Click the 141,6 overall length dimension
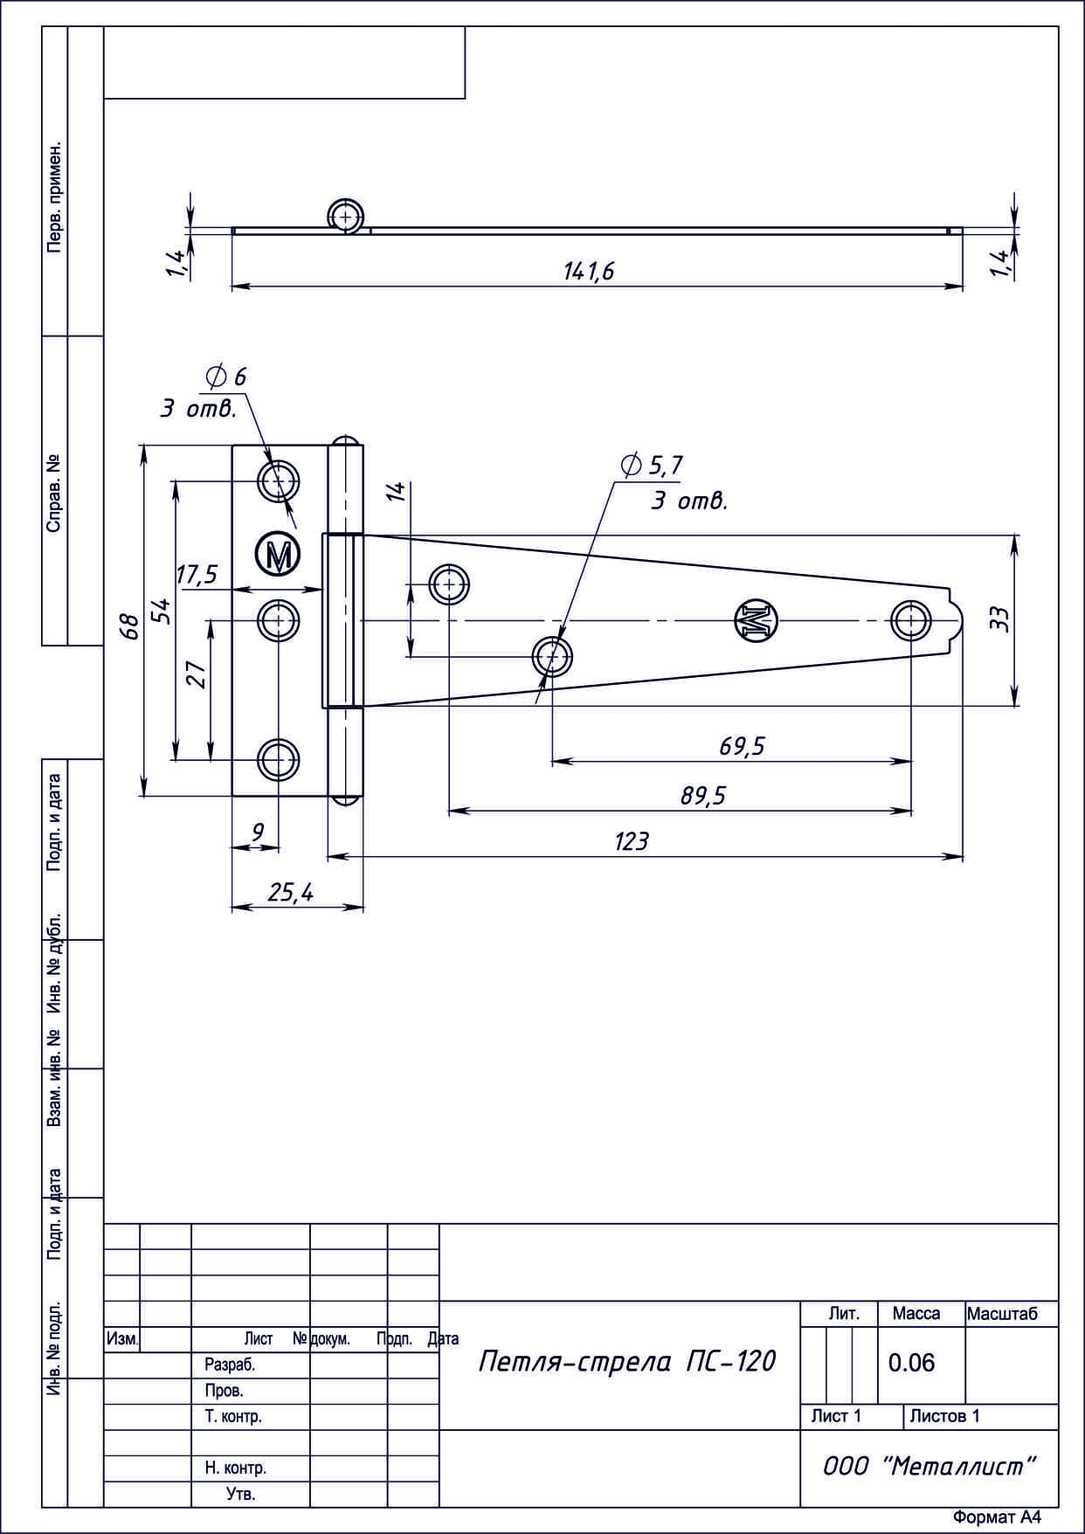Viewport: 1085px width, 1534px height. click(x=589, y=272)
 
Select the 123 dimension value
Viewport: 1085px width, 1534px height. click(x=632, y=841)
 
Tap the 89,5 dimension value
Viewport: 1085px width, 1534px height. click(x=703, y=796)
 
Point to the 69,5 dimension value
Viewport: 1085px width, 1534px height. click(x=742, y=746)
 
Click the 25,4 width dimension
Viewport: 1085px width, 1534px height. click(x=290, y=893)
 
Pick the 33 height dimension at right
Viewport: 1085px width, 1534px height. click(x=1001, y=619)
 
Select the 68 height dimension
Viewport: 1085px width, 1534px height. click(x=130, y=626)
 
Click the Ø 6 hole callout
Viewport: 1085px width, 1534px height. click(x=225, y=377)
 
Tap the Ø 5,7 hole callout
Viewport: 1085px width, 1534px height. click(x=651, y=466)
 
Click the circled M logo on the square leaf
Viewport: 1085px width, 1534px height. click(x=278, y=554)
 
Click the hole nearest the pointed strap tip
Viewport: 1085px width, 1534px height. click(x=911, y=620)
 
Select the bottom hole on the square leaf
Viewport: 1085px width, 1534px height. click(x=278, y=759)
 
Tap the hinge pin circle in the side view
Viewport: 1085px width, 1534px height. click(x=346, y=216)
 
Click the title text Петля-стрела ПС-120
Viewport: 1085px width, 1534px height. click(x=626, y=1361)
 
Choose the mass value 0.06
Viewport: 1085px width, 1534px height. click(x=911, y=1363)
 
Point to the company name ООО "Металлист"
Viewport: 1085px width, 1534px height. click(x=930, y=1467)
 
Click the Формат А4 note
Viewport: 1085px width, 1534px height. click(x=997, y=1517)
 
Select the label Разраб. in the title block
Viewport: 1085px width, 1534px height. click(x=230, y=1364)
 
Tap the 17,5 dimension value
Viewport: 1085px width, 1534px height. click(x=197, y=575)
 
